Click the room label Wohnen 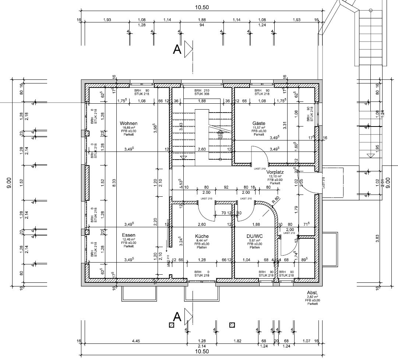tap(128, 123)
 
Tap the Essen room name tap(128, 235)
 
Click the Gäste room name tap(259, 123)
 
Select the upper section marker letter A tap(177, 50)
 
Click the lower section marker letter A tap(177, 316)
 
